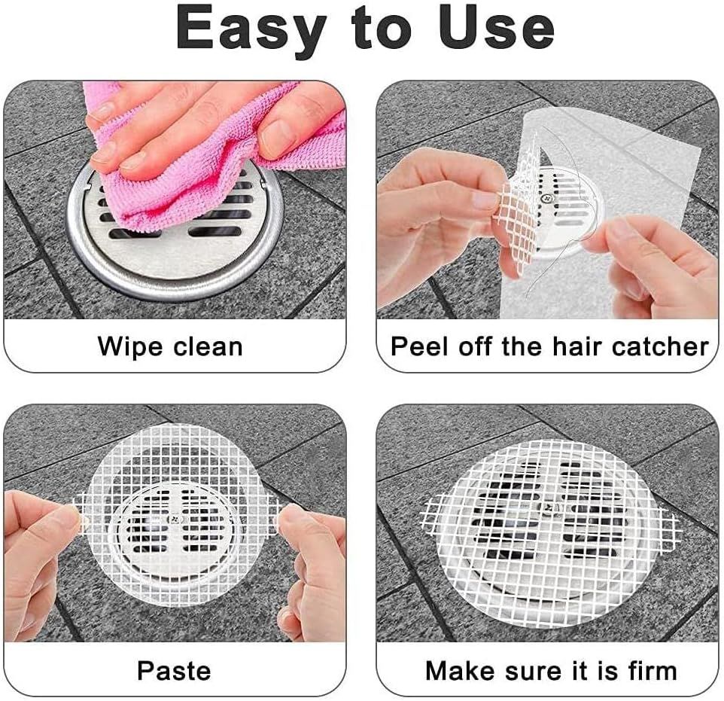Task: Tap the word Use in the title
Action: tap(497, 28)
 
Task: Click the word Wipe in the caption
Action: tap(129, 347)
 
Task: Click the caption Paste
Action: tap(174, 670)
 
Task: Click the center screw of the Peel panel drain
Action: tap(548, 198)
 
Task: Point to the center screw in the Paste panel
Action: tap(175, 520)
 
